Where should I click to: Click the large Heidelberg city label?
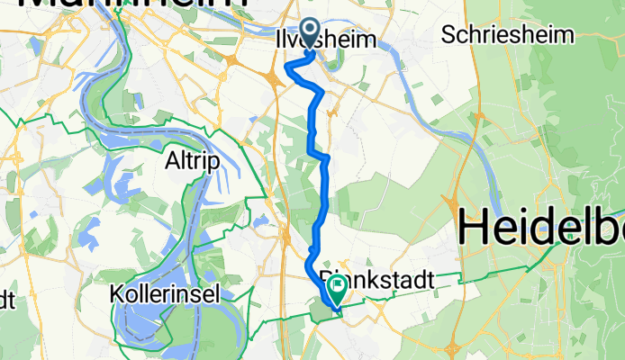540,229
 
